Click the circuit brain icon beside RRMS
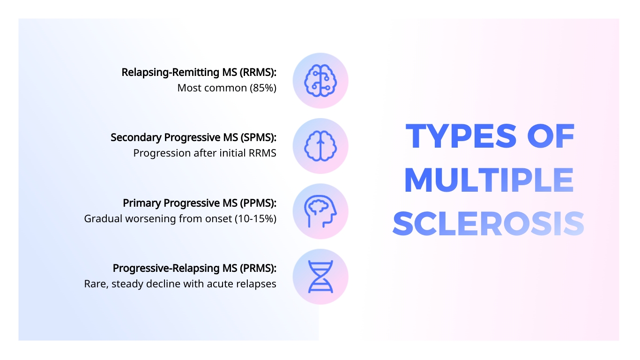click(x=320, y=80)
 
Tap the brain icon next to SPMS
click(x=320, y=146)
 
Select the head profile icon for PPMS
click(x=320, y=211)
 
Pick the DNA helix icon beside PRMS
click(x=320, y=277)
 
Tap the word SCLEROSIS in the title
click(x=489, y=224)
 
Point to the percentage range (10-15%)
click(x=255, y=219)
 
